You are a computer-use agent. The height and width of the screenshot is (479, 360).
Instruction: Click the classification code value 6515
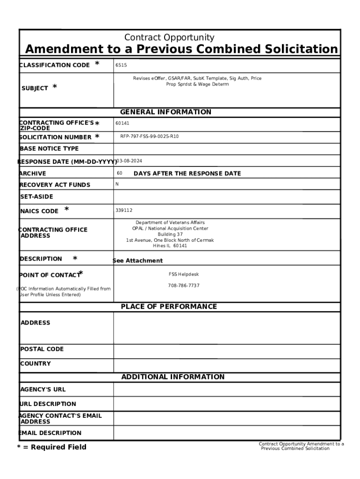coord(121,65)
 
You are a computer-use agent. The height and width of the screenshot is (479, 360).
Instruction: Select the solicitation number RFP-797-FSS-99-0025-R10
coord(149,137)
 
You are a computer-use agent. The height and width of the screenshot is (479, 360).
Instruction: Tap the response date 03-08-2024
coord(129,161)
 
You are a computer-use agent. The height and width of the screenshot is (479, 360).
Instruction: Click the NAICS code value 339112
coord(124,210)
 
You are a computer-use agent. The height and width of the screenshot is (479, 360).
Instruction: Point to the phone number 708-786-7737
coord(184,285)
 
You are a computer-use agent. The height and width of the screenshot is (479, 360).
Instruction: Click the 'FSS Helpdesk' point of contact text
coord(184,275)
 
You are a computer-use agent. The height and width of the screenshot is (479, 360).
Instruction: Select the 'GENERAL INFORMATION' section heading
coord(166,112)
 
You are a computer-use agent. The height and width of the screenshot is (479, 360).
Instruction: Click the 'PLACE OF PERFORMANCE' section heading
coord(169,307)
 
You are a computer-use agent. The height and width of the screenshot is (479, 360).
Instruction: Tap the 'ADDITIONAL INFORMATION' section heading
coord(173,377)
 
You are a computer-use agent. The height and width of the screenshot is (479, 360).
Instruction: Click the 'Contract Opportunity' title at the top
coord(169,37)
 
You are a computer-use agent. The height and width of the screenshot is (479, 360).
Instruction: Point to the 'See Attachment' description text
coord(138,261)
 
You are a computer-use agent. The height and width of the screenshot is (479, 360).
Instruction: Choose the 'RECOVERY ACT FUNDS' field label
coord(55,185)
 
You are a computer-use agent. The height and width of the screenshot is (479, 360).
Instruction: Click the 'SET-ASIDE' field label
coord(36,197)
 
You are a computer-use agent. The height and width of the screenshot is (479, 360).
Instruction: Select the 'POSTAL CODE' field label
coord(42,349)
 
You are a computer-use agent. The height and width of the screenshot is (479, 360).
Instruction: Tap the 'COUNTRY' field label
coord(36,363)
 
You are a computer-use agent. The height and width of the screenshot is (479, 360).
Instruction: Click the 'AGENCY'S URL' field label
coord(43,389)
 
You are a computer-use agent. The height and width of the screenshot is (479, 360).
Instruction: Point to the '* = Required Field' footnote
coord(52,447)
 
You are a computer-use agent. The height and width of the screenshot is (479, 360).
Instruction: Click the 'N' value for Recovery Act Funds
coord(117,184)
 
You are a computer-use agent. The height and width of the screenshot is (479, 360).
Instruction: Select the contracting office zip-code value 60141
coord(122,123)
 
